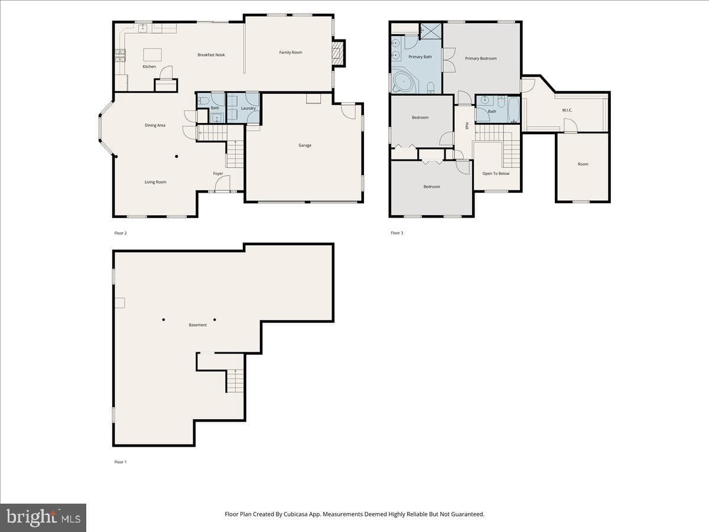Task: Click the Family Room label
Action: coord(291,53)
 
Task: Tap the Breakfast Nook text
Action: coord(212,55)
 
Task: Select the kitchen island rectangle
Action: coord(152,54)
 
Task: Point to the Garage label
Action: coord(305,145)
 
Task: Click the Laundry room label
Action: coord(248,108)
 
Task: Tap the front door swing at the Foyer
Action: coord(223,183)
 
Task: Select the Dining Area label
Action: coord(155,125)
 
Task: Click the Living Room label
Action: coord(155,182)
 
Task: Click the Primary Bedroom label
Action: coord(480,59)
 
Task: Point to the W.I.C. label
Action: coord(567,110)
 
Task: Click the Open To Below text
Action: coord(496,173)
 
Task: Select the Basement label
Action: coord(198,325)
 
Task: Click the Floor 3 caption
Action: coord(397,233)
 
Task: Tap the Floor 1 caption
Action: coord(121,462)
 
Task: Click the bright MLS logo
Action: coord(43,518)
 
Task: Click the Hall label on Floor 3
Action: coord(467,126)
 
